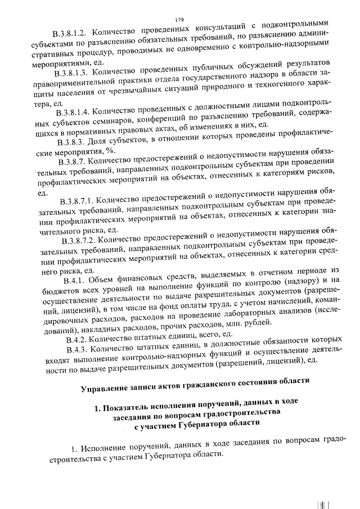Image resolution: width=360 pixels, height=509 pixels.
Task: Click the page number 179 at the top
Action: pos(179,4)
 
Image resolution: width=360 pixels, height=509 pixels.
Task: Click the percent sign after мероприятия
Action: pos(112,152)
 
